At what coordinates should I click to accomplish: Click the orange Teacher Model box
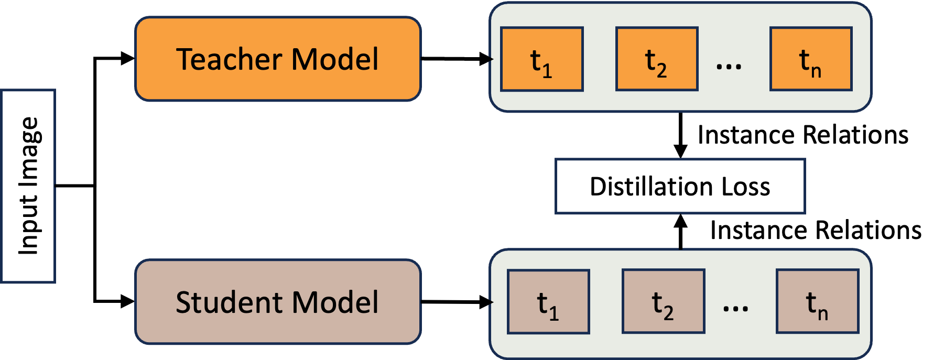(278, 59)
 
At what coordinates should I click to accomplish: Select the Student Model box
(278, 302)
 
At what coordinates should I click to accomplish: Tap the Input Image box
(28, 186)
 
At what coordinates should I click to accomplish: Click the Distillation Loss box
(680, 187)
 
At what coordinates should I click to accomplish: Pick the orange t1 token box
(541, 59)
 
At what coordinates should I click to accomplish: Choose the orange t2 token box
(656, 59)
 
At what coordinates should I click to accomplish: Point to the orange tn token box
(810, 59)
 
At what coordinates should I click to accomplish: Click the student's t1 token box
(548, 302)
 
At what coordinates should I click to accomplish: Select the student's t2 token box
(663, 301)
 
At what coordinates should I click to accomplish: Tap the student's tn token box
(817, 301)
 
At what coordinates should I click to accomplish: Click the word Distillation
(651, 187)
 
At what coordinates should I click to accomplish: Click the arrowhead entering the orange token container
(491, 59)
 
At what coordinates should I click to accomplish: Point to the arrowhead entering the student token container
(491, 302)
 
